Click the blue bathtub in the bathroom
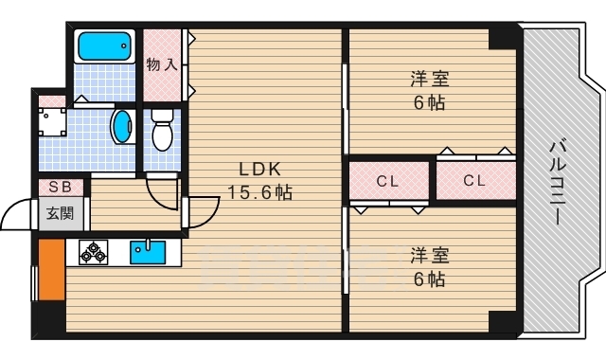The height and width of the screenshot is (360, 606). click(105, 46)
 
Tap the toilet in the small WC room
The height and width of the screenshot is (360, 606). click(162, 131)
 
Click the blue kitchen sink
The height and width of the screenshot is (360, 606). click(148, 252)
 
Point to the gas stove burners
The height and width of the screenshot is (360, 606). click(94, 252)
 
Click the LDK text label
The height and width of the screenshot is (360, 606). click(258, 170)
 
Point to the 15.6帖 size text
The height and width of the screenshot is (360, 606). click(258, 193)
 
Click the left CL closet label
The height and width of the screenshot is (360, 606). click(386, 180)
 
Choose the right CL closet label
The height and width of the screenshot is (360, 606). click(475, 180)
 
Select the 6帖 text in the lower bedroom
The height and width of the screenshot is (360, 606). click(428, 279)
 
